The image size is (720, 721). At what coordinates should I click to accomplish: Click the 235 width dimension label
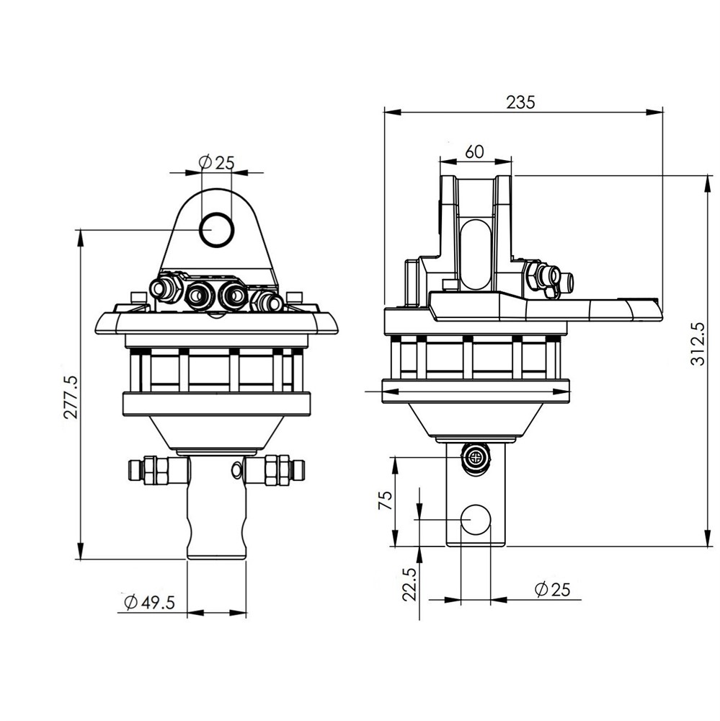click(521, 102)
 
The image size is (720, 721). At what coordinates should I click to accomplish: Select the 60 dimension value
click(474, 151)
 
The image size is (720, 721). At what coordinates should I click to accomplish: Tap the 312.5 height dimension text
click(698, 343)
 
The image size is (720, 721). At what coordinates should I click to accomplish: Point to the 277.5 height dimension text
click(71, 397)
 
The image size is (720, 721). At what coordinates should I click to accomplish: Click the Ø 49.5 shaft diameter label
click(150, 601)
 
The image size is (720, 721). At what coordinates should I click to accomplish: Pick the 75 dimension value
click(386, 500)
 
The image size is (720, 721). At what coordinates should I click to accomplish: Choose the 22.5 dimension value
click(409, 584)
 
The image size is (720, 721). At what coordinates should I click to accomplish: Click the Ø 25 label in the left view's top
click(216, 162)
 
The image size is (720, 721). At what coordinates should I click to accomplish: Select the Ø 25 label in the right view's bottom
click(552, 589)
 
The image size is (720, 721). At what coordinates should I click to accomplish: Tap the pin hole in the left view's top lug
click(217, 229)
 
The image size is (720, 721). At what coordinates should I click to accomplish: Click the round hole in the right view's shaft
click(476, 519)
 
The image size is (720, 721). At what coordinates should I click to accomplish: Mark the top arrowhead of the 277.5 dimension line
click(81, 237)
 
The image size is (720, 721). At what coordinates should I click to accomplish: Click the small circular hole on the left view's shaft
click(236, 469)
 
